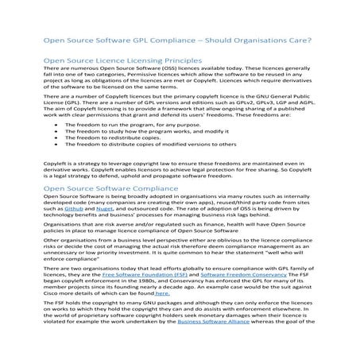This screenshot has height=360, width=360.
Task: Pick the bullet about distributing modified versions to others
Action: click(x=139, y=145)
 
